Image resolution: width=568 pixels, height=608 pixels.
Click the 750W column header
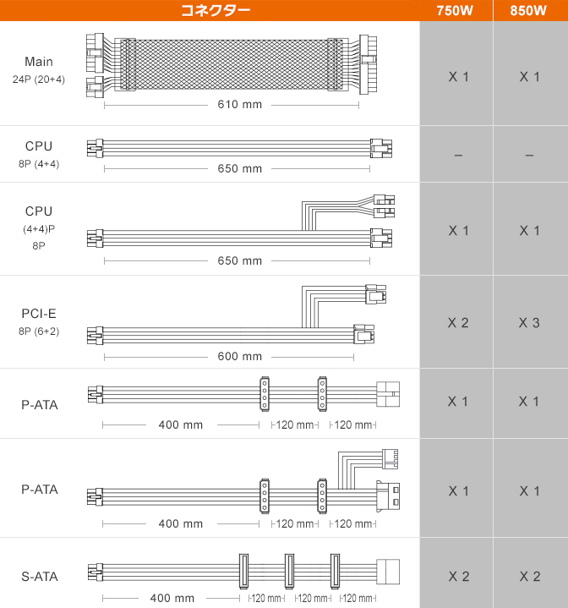pos(455,10)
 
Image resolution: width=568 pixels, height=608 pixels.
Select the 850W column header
pos(528,10)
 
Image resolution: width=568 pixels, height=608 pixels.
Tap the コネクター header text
pos(216,10)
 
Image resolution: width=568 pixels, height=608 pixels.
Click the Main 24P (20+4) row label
pos(39,70)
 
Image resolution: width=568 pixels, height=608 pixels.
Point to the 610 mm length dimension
pos(239,105)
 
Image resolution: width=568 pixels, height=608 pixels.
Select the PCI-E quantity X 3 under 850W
pos(529,323)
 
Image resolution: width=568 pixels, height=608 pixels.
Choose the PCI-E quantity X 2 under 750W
pos(458,323)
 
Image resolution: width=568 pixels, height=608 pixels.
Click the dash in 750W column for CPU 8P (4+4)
pos(458,156)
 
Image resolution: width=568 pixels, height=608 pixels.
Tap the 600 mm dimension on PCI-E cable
pos(239,356)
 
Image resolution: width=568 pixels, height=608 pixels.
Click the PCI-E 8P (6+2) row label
pos(39,322)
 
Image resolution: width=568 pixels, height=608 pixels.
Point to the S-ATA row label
pos(40,577)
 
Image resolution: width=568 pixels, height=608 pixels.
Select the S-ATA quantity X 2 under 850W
pos(530,577)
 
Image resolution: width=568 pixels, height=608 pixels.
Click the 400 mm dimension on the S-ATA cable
pos(172,599)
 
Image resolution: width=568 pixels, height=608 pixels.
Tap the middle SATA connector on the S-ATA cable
pos(289,571)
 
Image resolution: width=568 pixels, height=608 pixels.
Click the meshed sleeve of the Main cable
pos(232,65)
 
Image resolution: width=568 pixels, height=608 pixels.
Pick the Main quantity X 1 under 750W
pos(458,77)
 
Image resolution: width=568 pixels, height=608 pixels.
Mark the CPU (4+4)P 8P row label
pos(39,228)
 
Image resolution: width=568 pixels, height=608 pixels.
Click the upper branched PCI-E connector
pos(375,294)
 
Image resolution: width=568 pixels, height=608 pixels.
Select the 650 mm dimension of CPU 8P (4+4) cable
pos(239,168)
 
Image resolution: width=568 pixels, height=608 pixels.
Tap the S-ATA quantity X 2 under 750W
pos(459,577)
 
